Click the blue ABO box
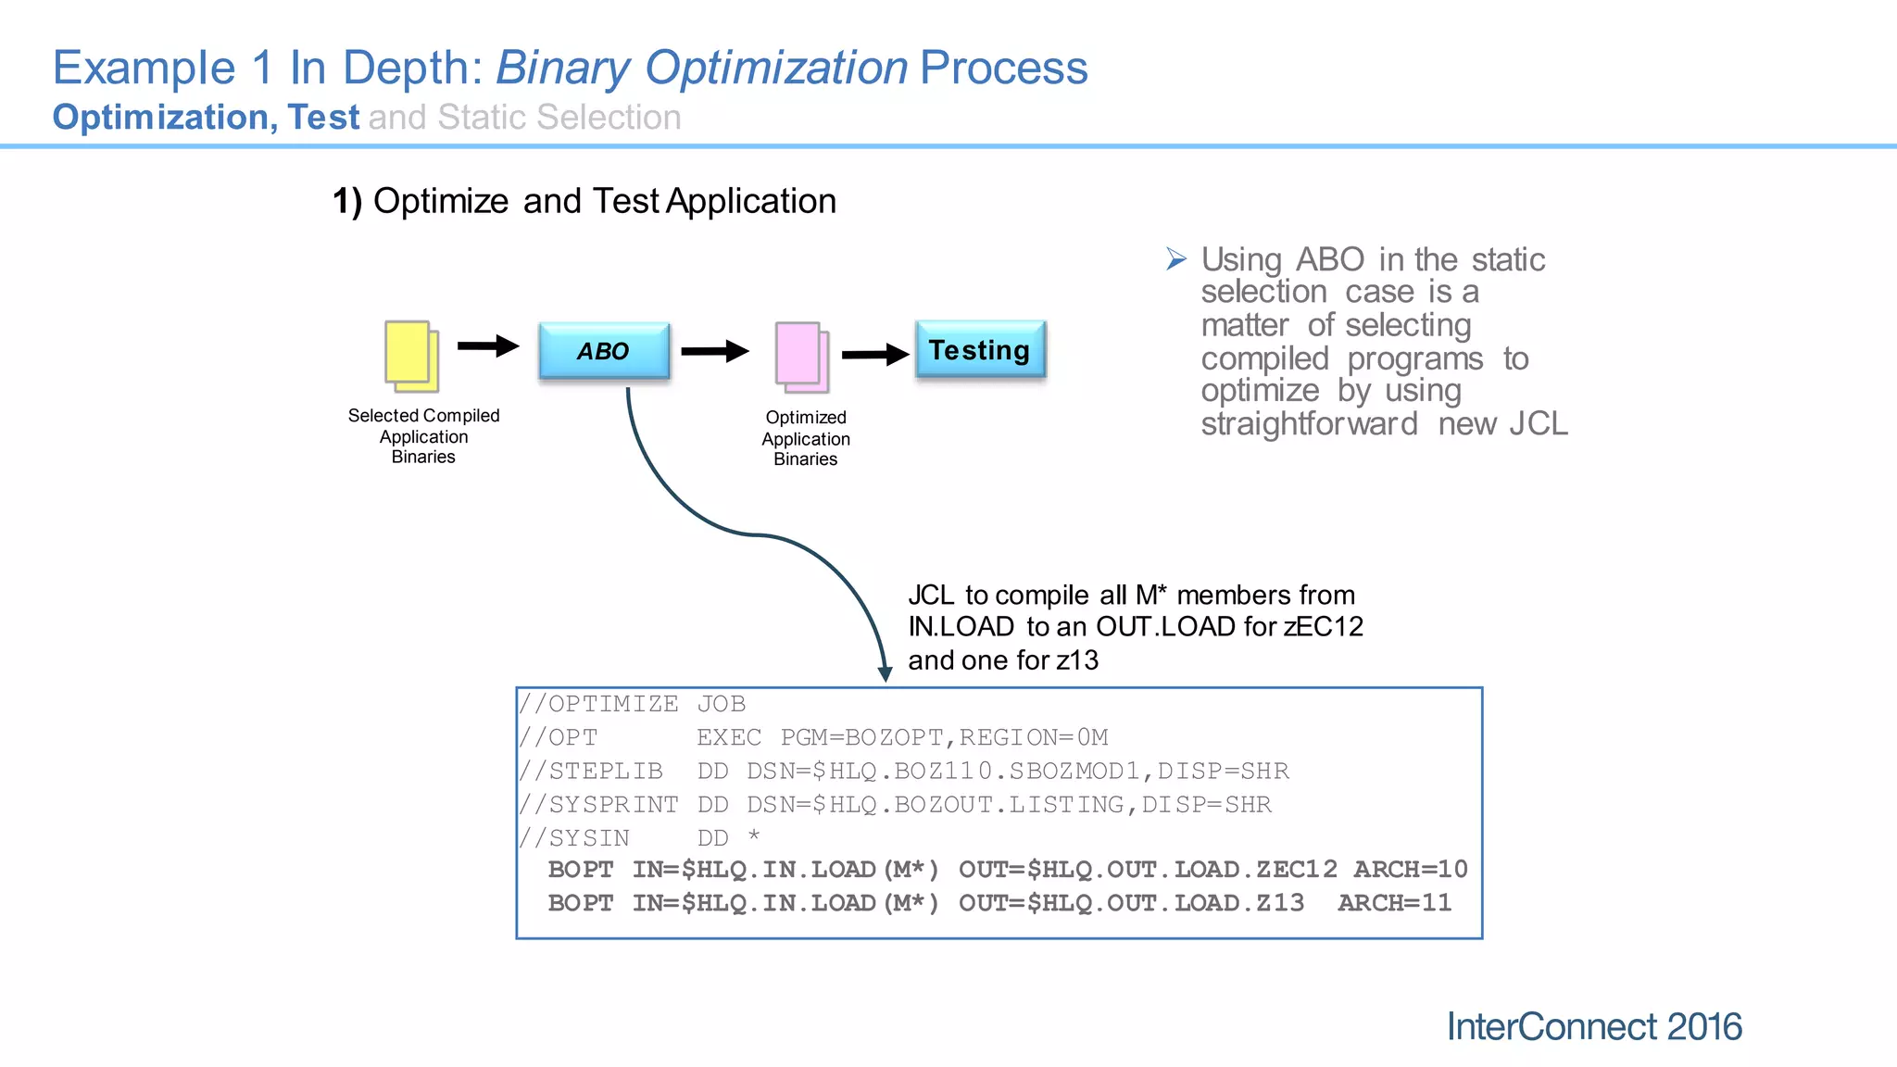click(x=604, y=351)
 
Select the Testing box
click(x=980, y=349)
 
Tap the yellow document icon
click(x=411, y=356)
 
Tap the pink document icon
click(x=801, y=358)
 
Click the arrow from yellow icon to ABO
click(x=488, y=346)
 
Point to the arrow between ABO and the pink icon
click(x=714, y=351)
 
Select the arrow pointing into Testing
click(x=874, y=354)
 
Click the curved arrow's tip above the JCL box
click(x=885, y=673)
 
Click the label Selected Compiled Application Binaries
click(x=423, y=435)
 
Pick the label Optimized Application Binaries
click(x=805, y=438)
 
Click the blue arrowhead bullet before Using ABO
click(x=1175, y=259)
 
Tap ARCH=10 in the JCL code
click(x=1410, y=869)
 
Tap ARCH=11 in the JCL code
click(x=1394, y=902)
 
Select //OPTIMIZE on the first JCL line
click(x=598, y=704)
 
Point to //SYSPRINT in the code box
click(x=598, y=804)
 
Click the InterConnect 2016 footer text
click(x=1593, y=1026)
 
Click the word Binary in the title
click(x=563, y=68)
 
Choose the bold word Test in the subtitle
click(x=322, y=118)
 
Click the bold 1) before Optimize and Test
click(x=347, y=201)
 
